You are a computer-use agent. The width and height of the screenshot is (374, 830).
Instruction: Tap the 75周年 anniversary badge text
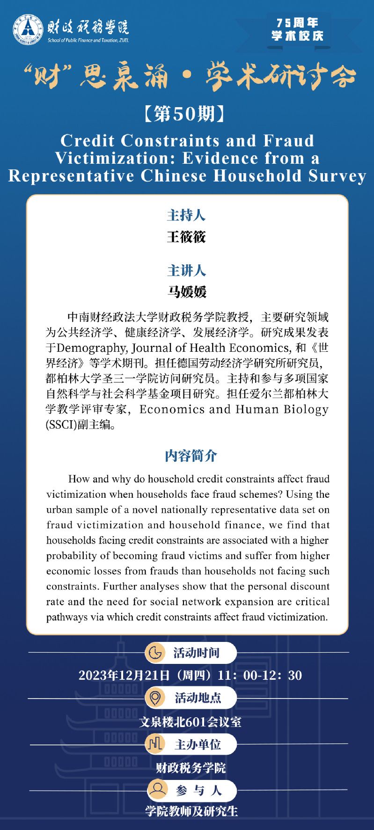click(x=297, y=23)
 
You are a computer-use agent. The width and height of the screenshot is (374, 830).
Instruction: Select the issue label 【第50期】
click(x=187, y=114)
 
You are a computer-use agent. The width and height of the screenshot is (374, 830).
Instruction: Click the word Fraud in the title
click(x=289, y=140)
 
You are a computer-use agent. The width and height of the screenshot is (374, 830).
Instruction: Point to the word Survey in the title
click(x=340, y=175)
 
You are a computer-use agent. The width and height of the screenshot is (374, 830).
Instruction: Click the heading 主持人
click(x=186, y=216)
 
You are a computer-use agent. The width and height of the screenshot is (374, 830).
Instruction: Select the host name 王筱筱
click(x=186, y=237)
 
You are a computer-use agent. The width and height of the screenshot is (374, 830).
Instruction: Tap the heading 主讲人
click(x=186, y=270)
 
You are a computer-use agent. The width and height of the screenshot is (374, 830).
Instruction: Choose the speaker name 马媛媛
click(x=186, y=291)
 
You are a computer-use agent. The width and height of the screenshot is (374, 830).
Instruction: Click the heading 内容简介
click(x=191, y=455)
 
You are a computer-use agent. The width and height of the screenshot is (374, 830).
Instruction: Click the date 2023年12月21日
click(x=124, y=675)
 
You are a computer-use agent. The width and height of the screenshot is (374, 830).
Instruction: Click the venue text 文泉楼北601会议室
click(x=190, y=721)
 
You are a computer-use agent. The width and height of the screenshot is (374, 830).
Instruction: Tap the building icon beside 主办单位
click(x=155, y=744)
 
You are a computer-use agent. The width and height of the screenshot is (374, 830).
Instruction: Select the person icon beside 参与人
click(x=158, y=790)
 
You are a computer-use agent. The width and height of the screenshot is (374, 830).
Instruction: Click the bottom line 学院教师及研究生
click(x=191, y=811)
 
